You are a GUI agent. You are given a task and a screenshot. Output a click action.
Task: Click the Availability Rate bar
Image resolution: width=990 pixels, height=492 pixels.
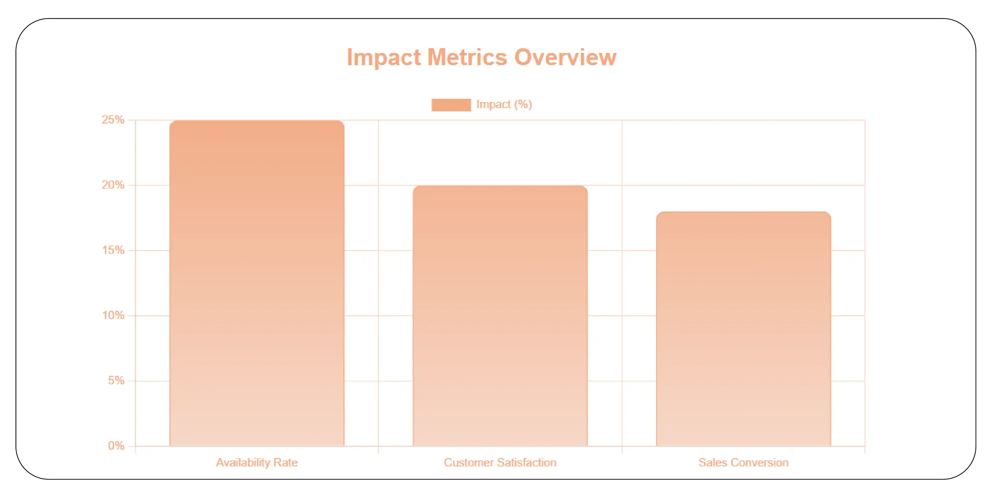tap(257, 284)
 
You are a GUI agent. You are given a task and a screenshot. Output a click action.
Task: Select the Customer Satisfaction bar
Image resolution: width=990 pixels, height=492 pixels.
tap(500, 316)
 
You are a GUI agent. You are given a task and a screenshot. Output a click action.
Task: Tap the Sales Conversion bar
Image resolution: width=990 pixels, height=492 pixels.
tap(743, 329)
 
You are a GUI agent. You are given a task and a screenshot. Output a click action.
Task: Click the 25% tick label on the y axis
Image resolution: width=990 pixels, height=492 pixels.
tap(113, 120)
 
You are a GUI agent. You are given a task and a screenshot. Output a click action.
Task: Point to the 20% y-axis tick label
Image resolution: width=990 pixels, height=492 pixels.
tap(113, 185)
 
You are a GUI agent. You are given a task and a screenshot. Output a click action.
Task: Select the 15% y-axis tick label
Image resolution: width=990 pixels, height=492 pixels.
tap(113, 250)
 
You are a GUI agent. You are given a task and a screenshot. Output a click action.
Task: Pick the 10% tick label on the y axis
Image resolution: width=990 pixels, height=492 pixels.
tap(113, 315)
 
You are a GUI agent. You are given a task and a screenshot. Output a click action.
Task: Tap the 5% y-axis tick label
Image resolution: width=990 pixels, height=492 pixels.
tap(116, 381)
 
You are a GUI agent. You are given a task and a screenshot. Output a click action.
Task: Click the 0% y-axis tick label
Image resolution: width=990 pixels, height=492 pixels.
tap(116, 446)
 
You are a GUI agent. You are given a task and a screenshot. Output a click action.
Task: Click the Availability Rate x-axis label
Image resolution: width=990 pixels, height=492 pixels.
tap(257, 462)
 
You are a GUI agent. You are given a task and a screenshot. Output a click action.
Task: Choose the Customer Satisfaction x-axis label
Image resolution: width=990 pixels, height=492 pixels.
tap(500, 462)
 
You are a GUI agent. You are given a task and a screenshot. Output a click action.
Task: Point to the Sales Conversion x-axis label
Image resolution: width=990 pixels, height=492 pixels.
tap(743, 462)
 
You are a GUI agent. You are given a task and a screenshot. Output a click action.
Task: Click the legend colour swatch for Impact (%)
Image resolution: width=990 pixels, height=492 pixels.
tap(451, 105)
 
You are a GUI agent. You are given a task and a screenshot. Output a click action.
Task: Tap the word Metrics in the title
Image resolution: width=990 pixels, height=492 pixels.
tap(467, 58)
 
